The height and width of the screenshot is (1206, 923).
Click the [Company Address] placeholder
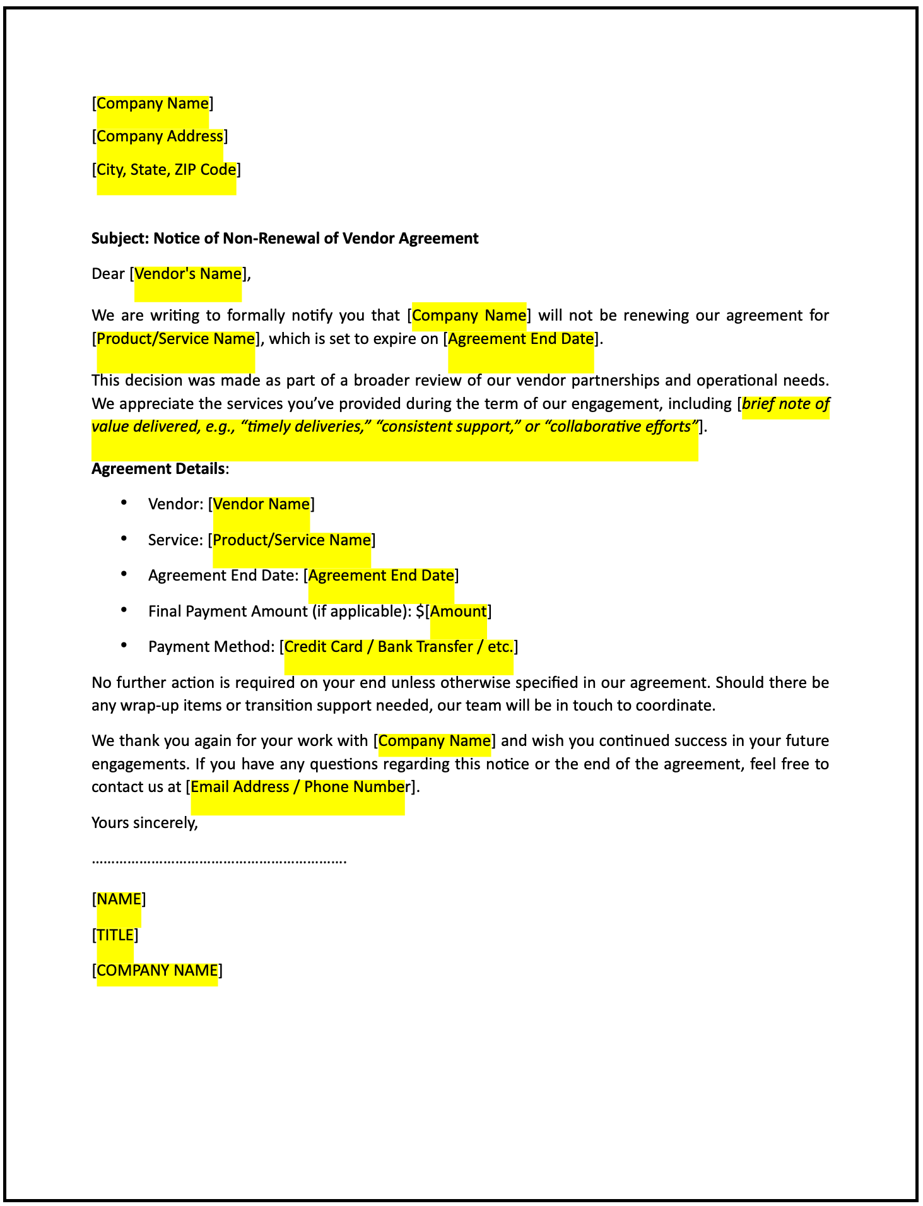(x=160, y=136)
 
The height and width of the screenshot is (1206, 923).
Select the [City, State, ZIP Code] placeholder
(x=166, y=170)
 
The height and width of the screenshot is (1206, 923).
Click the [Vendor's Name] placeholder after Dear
(x=188, y=274)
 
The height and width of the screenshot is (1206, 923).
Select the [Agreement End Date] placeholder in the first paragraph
(x=520, y=339)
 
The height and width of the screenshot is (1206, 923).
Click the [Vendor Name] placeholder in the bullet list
(x=261, y=504)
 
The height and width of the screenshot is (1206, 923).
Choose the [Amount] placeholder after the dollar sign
(x=458, y=612)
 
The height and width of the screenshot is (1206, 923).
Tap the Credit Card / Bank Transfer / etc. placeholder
(x=399, y=647)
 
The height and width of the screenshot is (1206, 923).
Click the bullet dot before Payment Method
(x=124, y=645)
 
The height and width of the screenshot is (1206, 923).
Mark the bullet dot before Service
(x=124, y=538)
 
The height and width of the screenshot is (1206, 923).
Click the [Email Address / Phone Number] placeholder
(x=298, y=787)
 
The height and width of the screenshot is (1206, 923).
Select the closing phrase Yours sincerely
(x=144, y=823)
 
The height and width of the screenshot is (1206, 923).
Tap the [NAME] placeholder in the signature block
(x=119, y=899)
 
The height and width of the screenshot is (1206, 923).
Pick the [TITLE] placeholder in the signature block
(x=115, y=935)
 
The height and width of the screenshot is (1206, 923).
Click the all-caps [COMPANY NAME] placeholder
(x=157, y=971)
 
